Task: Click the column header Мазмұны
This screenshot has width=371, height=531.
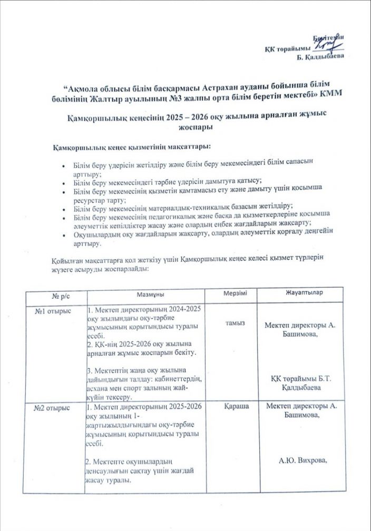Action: tap(148, 293)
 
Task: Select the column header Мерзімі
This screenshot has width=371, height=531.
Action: tap(232, 293)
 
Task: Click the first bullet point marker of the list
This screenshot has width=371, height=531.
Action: tap(63, 165)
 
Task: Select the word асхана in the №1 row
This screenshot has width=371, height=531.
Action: tap(100, 388)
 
